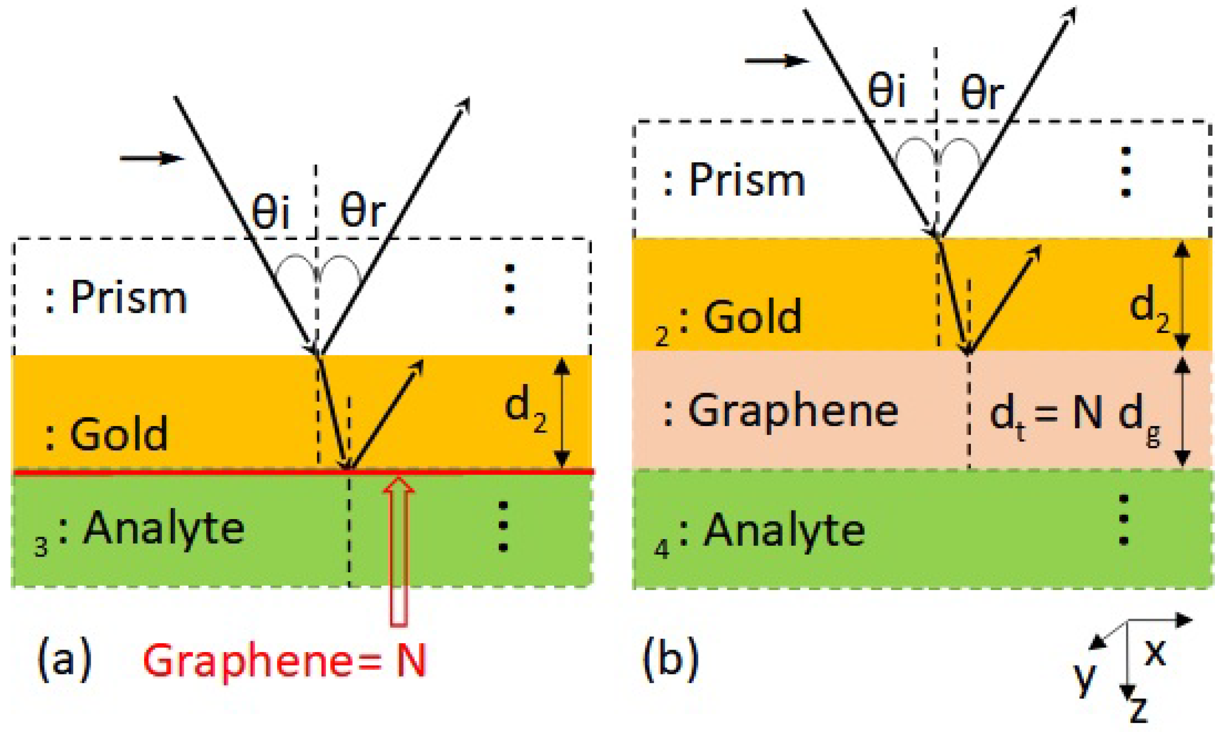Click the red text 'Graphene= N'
(x=284, y=660)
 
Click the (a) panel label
(x=65, y=659)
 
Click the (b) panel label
(x=671, y=659)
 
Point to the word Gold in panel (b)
(x=752, y=317)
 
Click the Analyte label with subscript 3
(x=163, y=529)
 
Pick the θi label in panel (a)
(x=270, y=211)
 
